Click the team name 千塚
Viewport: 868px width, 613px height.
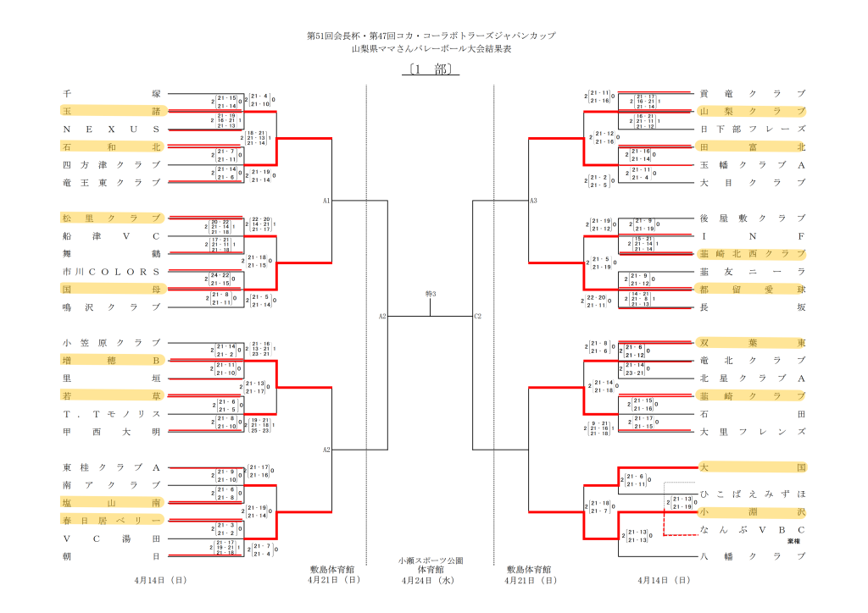pos(111,93)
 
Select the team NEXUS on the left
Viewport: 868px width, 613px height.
pos(111,129)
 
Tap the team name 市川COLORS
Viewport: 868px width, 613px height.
pos(111,271)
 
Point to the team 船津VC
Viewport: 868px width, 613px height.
pos(111,235)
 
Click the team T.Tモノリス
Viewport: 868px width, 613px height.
pos(111,413)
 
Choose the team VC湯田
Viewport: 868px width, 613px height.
pos(111,538)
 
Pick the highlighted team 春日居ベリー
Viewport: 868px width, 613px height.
pos(111,520)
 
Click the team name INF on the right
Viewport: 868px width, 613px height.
pos(752,235)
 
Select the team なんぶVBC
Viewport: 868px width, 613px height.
pos(752,529)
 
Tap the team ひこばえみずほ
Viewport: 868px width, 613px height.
pos(752,493)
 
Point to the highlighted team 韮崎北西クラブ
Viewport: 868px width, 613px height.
pos(752,253)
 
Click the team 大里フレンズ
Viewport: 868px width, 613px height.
pos(752,431)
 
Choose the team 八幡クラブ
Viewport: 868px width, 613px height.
pos(752,555)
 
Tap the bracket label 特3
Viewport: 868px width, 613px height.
pos(430,293)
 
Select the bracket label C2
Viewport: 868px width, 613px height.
pos(477,316)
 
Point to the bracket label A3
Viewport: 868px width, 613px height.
pos(533,201)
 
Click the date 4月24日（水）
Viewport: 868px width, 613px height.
pos(431,580)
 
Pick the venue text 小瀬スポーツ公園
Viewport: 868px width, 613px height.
pos(431,561)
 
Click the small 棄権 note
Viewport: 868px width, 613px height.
pos(793,540)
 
